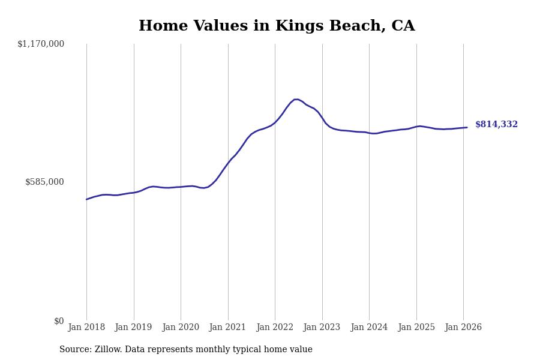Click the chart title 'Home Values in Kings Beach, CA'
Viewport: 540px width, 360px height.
click(277, 26)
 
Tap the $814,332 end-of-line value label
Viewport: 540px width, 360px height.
click(496, 125)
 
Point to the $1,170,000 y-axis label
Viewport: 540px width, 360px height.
click(41, 44)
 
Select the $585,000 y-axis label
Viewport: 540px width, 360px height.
click(44, 182)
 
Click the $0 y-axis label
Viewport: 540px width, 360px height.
click(59, 321)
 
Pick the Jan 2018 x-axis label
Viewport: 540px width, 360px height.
click(86, 328)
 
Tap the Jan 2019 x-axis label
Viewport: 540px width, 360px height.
click(134, 328)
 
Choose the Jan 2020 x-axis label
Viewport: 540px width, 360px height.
click(181, 328)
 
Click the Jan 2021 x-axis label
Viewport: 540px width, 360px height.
click(228, 328)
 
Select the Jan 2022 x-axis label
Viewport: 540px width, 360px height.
click(275, 328)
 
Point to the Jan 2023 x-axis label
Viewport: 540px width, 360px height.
click(322, 328)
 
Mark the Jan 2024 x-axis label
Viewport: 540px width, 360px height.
click(369, 328)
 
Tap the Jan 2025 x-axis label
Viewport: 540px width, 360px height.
click(416, 328)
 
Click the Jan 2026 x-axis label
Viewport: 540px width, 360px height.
click(463, 328)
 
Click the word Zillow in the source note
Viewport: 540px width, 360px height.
click(107, 350)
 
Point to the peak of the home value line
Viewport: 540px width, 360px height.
click(296, 99)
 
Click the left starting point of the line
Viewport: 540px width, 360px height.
click(86, 199)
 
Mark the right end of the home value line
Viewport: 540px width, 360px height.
click(467, 127)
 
